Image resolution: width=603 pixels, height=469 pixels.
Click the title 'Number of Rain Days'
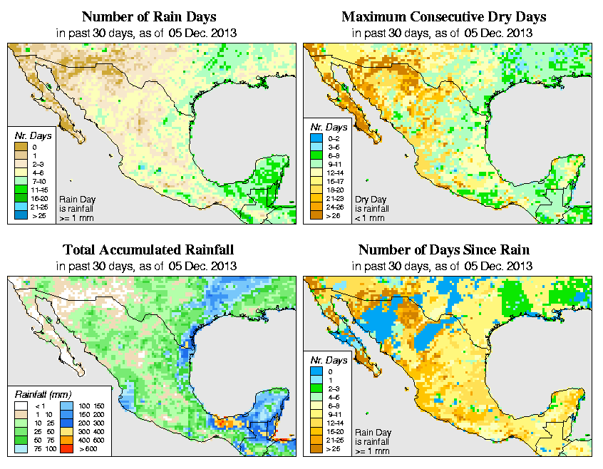tap(149, 16)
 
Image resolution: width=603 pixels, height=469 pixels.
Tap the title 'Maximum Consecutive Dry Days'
tap(443, 16)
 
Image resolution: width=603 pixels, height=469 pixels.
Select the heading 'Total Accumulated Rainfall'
tap(148, 249)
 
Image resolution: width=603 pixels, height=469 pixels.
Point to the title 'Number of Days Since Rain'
tap(443, 249)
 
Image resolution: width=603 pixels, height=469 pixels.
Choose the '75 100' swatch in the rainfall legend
tap(21, 450)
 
